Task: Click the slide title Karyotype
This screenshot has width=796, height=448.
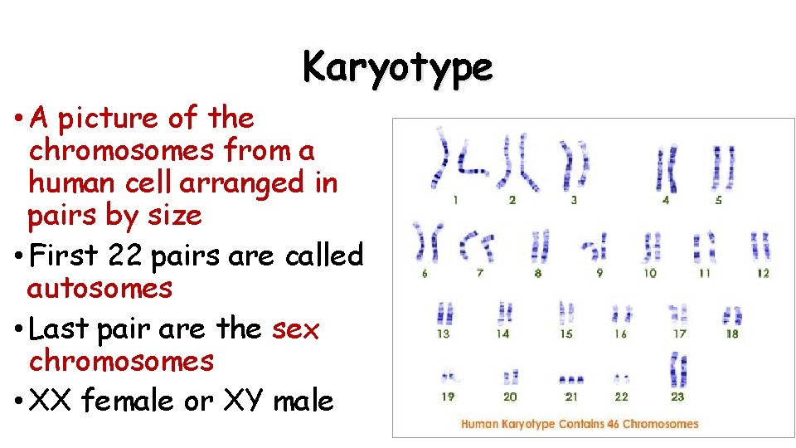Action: (x=397, y=66)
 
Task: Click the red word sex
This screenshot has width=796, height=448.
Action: (x=295, y=329)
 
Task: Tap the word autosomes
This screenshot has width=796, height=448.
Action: (x=99, y=289)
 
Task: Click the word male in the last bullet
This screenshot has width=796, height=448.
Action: (x=303, y=402)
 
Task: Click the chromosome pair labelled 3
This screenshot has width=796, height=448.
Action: (x=574, y=162)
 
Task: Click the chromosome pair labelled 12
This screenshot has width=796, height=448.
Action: (x=760, y=246)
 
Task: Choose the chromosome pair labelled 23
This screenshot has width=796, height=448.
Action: (x=678, y=369)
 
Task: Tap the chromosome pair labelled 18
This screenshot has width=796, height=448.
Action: (x=731, y=316)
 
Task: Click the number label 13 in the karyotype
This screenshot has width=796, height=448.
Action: (x=444, y=334)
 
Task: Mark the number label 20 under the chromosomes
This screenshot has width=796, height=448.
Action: (x=510, y=397)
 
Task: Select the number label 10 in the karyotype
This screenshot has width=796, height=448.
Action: (x=650, y=273)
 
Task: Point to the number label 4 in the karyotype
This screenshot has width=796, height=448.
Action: (x=666, y=200)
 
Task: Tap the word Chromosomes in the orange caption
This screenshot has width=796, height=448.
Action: (x=661, y=424)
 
